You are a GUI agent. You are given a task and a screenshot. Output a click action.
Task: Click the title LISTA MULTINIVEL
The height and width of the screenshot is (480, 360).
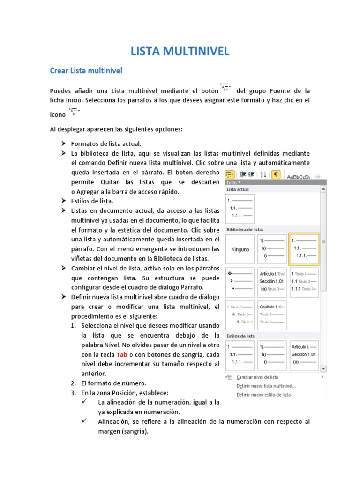point(180,51)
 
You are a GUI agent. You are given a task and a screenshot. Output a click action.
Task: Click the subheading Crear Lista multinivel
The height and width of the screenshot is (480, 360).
point(86,71)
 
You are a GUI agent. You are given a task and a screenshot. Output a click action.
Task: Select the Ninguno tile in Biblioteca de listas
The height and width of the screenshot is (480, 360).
point(240,249)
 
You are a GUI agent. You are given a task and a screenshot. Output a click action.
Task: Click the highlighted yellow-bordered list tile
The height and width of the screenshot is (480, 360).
point(304,249)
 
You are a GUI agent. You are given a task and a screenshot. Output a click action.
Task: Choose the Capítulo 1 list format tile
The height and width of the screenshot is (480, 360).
point(272,314)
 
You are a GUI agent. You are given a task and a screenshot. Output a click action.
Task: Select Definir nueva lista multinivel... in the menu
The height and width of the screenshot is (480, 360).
point(266,386)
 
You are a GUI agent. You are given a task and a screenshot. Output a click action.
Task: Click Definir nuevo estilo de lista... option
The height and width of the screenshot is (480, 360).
point(265,395)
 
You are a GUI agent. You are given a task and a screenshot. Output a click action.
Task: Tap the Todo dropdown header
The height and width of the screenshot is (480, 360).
point(233,182)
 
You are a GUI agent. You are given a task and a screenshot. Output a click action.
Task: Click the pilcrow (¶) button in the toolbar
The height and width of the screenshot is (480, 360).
point(276,174)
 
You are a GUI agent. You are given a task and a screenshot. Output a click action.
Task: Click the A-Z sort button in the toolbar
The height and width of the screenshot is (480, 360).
point(263,174)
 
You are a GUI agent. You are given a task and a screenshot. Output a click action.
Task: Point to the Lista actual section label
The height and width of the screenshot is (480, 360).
point(238,189)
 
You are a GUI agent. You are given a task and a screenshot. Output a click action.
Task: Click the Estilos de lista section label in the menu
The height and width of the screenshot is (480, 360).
point(240,336)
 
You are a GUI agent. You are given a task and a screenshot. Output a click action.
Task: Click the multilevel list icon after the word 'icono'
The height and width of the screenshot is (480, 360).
point(75,112)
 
